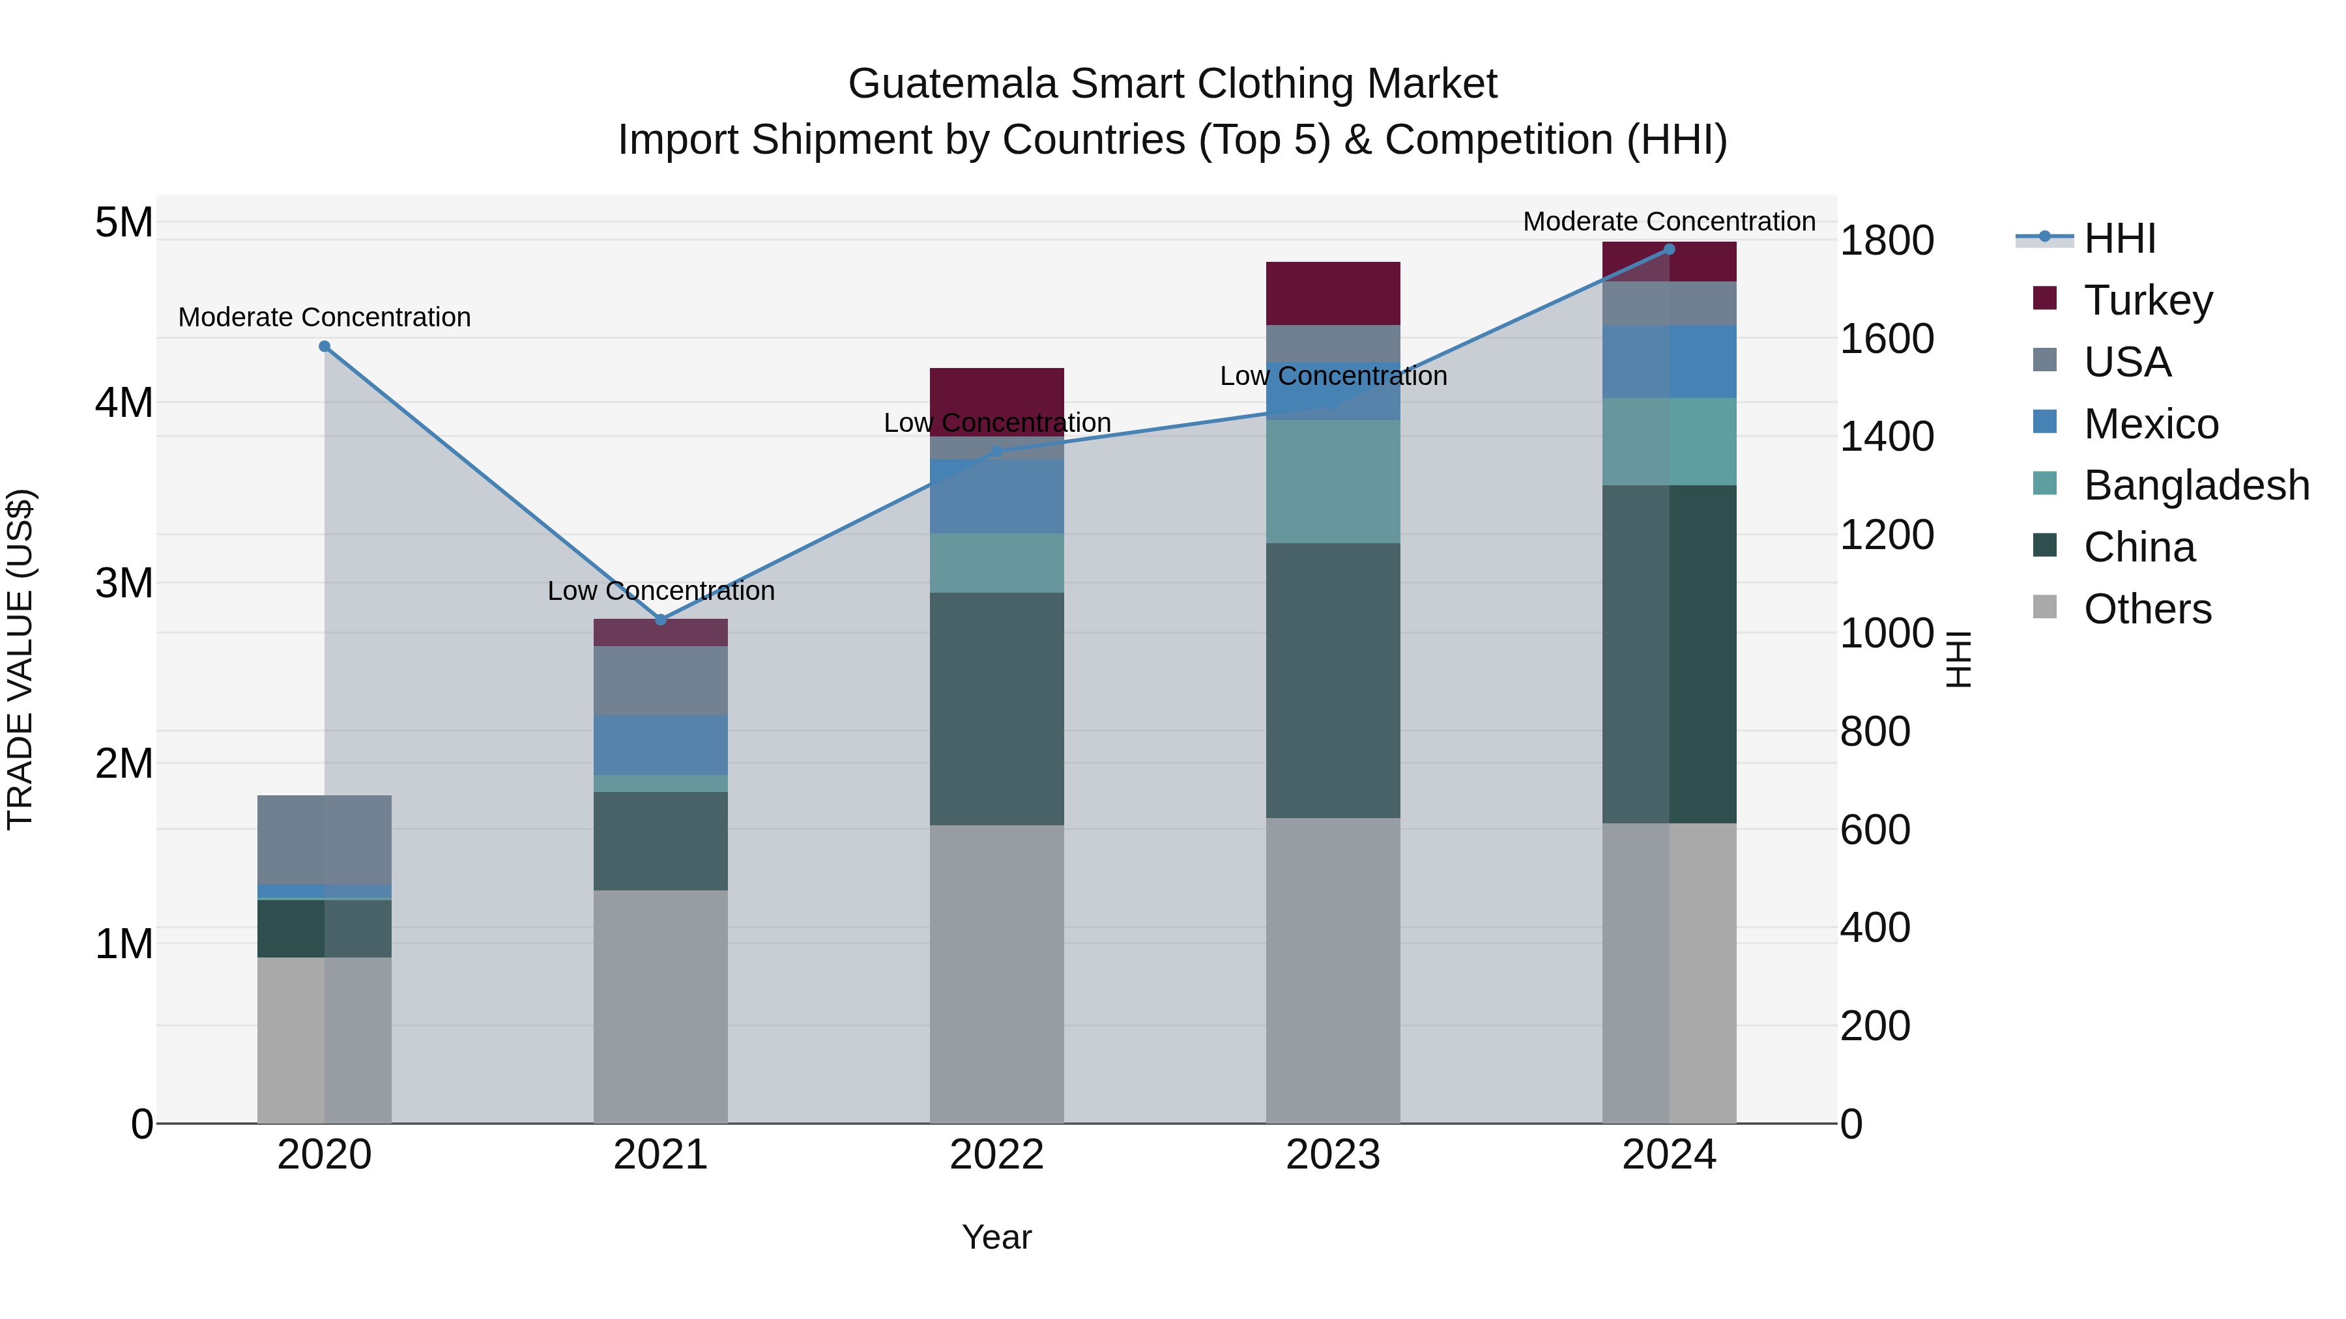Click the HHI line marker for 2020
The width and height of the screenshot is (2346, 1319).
coord(325,347)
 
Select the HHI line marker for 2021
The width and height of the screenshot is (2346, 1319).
coord(661,620)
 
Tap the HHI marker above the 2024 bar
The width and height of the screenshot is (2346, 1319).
coord(1670,249)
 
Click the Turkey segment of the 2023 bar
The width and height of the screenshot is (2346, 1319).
coord(1333,293)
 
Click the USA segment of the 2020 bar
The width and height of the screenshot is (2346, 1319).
coord(325,840)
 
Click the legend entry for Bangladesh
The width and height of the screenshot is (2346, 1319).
coord(2195,485)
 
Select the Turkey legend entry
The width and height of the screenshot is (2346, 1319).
coord(2147,300)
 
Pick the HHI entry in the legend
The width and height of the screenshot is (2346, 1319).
coord(2119,238)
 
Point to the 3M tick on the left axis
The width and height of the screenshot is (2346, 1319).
coord(124,582)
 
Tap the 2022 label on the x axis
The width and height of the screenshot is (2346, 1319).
coord(996,1155)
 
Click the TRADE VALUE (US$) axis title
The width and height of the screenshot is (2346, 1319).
coord(20,659)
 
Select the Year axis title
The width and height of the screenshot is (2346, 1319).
coord(996,1237)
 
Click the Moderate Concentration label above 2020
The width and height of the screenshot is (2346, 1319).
coord(325,317)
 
